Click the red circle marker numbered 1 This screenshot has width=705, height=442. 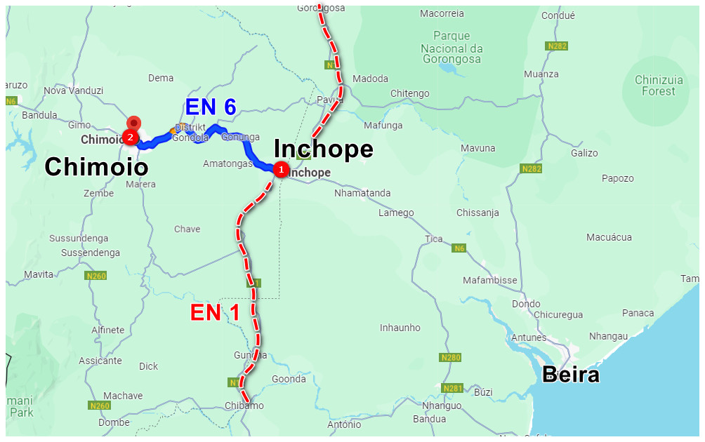coord(281,170)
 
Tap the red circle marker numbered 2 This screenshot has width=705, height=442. coord(130,137)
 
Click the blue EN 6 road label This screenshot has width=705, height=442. coord(211,107)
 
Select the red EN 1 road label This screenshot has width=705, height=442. coord(215,313)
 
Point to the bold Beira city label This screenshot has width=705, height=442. coord(572,375)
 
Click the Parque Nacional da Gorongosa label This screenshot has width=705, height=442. coord(452,48)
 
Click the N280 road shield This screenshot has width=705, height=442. coord(451,358)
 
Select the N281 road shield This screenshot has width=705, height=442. coord(454,388)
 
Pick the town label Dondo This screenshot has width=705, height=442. coord(526,304)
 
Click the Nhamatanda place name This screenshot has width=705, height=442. coord(362,193)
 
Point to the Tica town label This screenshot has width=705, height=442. coord(434,239)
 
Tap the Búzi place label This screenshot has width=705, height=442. coord(484,391)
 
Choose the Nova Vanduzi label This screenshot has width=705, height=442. coord(73,91)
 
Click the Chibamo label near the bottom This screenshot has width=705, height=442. coord(244,406)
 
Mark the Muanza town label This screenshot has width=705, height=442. coord(541,74)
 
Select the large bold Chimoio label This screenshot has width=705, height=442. coord(97,167)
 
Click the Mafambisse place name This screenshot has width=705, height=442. coord(489,280)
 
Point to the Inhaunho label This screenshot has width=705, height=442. coord(400,328)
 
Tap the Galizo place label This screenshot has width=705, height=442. coord(584,153)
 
